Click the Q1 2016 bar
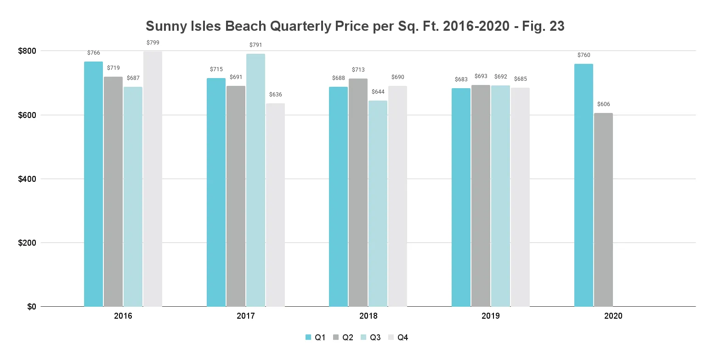tap(93, 184)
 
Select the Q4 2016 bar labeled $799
tap(153, 179)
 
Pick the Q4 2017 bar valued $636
tap(275, 205)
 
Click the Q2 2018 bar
tap(358, 192)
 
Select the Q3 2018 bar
tap(378, 203)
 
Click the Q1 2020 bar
tap(584, 185)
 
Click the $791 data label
tap(255, 45)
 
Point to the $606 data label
tap(603, 104)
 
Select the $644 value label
tap(378, 92)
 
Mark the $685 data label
tap(520, 79)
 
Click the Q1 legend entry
tap(316, 337)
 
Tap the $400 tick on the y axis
tap(27, 179)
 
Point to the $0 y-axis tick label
tap(30, 306)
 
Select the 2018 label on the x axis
tap(368, 316)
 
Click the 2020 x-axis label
tap(613, 316)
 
